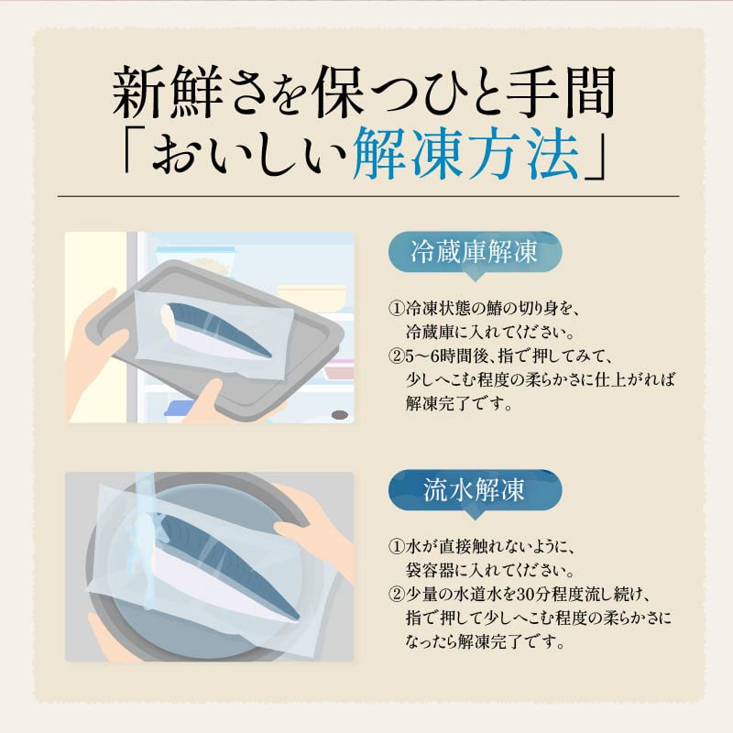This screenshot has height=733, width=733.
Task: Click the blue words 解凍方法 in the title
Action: (467, 153)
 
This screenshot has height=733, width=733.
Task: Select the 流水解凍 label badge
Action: (475, 491)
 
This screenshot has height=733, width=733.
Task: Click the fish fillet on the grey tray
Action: (215, 328)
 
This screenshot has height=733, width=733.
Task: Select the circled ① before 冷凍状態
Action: (396, 309)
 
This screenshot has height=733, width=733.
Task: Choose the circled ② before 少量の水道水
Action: (396, 595)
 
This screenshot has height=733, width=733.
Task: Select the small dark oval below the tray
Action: (340, 415)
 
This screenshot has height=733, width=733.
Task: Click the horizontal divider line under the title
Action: (368, 196)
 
